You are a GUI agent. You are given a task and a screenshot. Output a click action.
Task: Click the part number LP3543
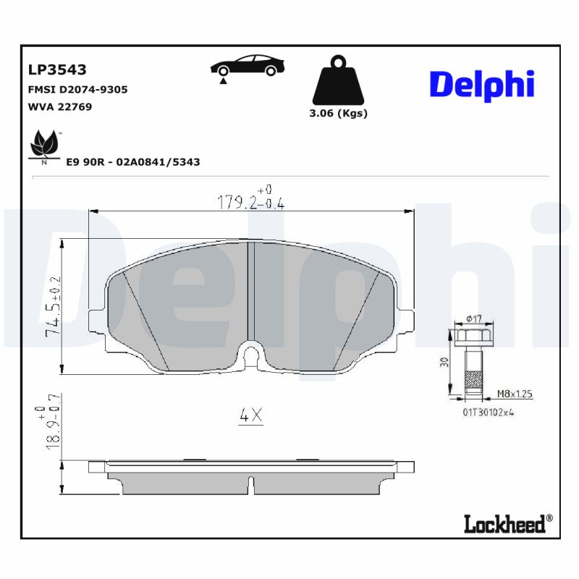tap(57, 70)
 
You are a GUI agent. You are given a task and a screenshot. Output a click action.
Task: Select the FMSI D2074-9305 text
tap(77, 89)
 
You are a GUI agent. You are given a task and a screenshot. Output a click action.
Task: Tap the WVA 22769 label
tap(59, 106)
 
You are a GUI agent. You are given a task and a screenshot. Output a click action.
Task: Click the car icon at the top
tap(246, 67)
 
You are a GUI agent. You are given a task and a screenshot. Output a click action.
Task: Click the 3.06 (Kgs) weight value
tap(338, 114)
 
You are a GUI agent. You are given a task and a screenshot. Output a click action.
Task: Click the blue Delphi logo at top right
tap(482, 84)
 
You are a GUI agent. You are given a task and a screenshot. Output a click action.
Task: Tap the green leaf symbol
tap(45, 145)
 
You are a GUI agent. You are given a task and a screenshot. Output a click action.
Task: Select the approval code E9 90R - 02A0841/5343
tap(132, 162)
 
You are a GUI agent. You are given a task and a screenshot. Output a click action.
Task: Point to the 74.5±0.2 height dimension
tap(53, 306)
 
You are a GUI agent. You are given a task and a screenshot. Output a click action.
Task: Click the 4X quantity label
tap(250, 415)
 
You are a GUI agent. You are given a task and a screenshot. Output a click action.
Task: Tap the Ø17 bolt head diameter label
tap(474, 318)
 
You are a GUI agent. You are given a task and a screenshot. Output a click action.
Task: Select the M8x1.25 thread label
tap(515, 394)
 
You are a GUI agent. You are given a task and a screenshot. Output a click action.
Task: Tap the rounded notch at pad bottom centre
tap(251, 352)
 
